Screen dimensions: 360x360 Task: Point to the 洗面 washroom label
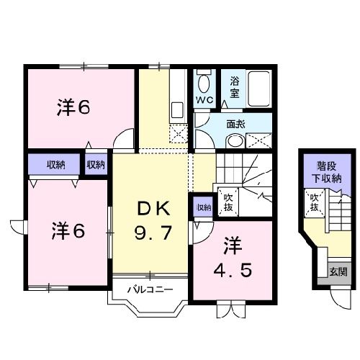(235, 124)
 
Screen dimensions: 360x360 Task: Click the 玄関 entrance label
(338, 271)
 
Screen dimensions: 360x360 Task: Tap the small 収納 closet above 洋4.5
(203, 207)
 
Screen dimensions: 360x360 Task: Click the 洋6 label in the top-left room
(74, 108)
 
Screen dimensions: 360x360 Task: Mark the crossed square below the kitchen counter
(178, 132)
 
